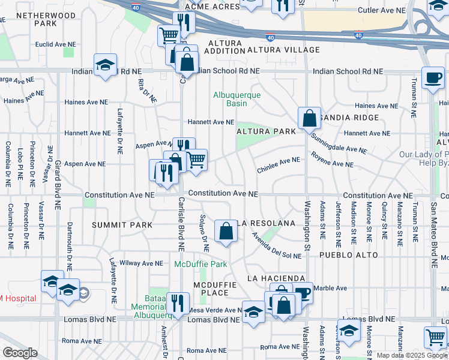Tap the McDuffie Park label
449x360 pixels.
tap(200, 264)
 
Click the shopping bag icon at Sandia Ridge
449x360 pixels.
tap(309, 118)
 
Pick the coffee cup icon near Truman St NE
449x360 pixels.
tap(432, 78)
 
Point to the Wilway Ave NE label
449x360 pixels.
tap(142, 263)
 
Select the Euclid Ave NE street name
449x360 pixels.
tap(56, 44)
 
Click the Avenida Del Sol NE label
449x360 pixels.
tap(276, 251)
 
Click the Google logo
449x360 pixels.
tap(20, 353)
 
